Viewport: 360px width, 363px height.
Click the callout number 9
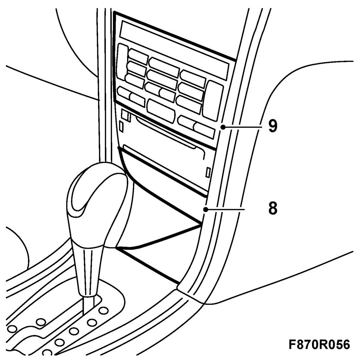click(273, 127)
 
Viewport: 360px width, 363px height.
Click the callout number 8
click(273, 209)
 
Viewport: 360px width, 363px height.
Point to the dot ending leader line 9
click(222, 128)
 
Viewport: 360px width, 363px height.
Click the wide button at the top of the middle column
click(164, 66)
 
